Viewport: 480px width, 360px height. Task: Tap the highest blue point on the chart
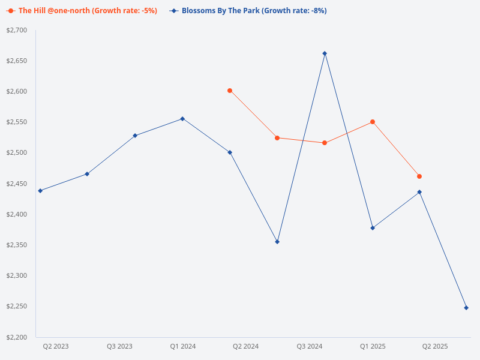point(325,53)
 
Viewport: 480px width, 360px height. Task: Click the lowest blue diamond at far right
point(466,308)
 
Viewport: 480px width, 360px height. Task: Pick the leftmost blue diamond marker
point(40,191)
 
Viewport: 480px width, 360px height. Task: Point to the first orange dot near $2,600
point(230,91)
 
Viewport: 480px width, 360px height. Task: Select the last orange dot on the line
point(419,176)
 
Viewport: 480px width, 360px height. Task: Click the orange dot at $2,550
point(373,122)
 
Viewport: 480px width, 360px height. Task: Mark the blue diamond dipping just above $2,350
point(277,242)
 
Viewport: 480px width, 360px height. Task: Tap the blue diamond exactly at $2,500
point(230,152)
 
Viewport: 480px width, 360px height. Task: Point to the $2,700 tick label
point(17,30)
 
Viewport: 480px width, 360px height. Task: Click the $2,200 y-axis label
point(17,337)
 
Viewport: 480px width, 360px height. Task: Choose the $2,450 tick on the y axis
point(17,184)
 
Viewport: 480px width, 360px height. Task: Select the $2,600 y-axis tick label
point(17,91)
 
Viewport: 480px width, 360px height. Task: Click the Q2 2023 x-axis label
point(56,346)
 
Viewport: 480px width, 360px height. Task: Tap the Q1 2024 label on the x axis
point(183,346)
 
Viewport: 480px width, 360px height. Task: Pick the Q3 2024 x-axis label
point(310,346)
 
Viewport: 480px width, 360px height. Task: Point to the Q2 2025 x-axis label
point(435,346)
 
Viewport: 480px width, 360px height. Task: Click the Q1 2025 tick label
point(373,346)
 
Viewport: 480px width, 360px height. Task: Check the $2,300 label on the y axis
point(17,275)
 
